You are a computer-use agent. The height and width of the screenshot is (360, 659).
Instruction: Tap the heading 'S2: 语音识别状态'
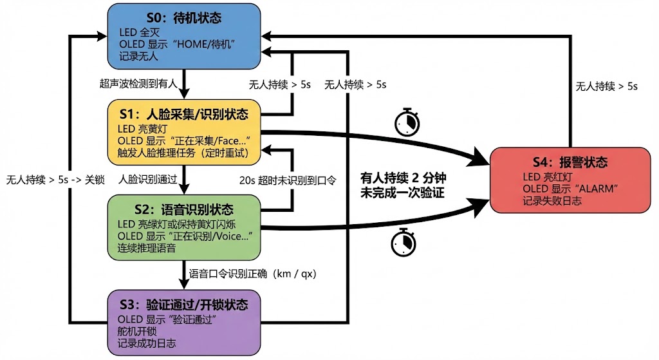point(184,210)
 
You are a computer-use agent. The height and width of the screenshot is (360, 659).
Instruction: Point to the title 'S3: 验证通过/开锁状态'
point(184,305)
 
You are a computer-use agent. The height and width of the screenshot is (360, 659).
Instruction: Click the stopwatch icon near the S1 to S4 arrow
point(406,122)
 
